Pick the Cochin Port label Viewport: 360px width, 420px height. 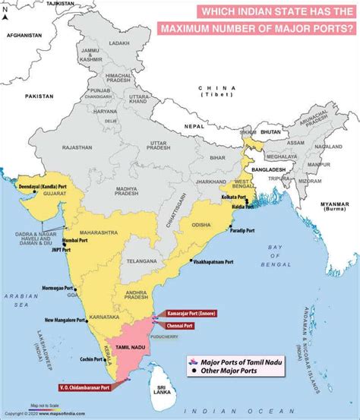click(x=95, y=358)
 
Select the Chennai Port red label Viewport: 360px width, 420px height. click(x=183, y=325)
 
